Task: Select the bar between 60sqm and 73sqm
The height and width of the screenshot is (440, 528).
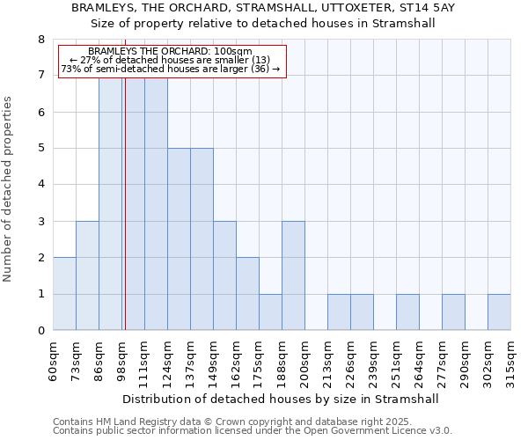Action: [64, 294]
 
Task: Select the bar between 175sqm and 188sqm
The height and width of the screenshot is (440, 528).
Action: [270, 312]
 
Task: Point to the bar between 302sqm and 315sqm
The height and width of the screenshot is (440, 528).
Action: [499, 312]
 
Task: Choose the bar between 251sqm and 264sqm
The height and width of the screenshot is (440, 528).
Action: [407, 312]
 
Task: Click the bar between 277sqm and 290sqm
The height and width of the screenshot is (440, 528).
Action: [453, 312]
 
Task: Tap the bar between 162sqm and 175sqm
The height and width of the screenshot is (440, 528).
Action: [247, 294]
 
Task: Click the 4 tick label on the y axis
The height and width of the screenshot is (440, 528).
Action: [40, 185]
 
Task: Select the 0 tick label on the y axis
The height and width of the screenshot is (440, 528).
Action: [40, 331]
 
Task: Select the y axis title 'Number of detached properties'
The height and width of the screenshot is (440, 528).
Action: [9, 189]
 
